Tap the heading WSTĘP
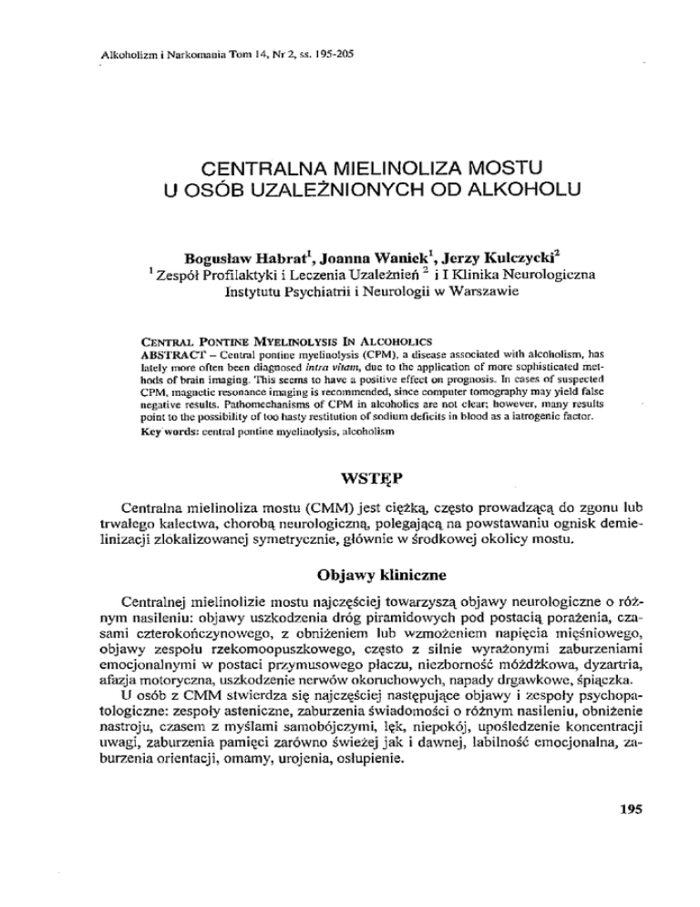click(349, 475)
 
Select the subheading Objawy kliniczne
click(349, 577)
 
